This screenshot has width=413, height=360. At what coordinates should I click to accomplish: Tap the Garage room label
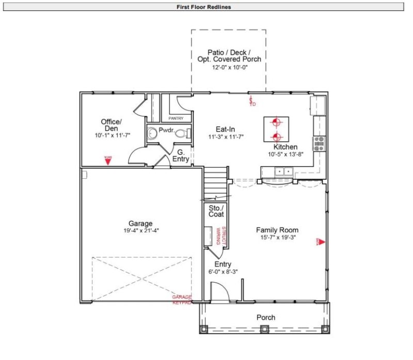pyautogui.click(x=140, y=224)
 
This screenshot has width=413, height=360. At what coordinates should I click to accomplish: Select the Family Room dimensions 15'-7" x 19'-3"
pyautogui.click(x=277, y=238)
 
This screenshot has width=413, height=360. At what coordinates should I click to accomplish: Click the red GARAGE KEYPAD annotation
pyautogui.click(x=182, y=300)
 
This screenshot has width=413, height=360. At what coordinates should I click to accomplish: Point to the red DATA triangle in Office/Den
pyautogui.click(x=108, y=160)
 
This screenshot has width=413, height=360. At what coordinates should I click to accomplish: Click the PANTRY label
pyautogui.click(x=176, y=118)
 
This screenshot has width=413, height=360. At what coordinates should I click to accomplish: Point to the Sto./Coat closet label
pyautogui.click(x=216, y=211)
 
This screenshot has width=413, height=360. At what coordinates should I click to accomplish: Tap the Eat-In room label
pyautogui.click(x=226, y=129)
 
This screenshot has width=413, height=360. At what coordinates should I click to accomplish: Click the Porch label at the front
pyautogui.click(x=266, y=317)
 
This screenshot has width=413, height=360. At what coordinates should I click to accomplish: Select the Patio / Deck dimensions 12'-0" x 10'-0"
pyautogui.click(x=229, y=68)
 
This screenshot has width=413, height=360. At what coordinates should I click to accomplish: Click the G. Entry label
pyautogui.click(x=181, y=155)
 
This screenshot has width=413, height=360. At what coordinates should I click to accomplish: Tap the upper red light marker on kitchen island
pyautogui.click(x=276, y=123)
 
